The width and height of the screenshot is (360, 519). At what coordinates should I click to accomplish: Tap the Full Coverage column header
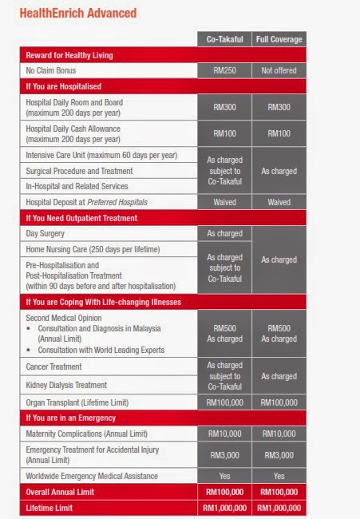coord(279,39)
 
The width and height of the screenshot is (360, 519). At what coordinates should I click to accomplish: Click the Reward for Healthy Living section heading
coord(68,55)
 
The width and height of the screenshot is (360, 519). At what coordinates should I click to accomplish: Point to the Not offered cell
coord(279,70)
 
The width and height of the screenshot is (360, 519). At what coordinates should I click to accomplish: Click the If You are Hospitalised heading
coord(64,86)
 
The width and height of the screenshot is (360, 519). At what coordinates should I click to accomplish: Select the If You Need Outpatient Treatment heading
coord(82,217)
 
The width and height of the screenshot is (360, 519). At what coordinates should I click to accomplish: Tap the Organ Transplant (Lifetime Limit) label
coord(88,402)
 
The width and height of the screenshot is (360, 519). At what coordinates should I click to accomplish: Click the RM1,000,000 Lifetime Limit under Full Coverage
coord(279,507)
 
